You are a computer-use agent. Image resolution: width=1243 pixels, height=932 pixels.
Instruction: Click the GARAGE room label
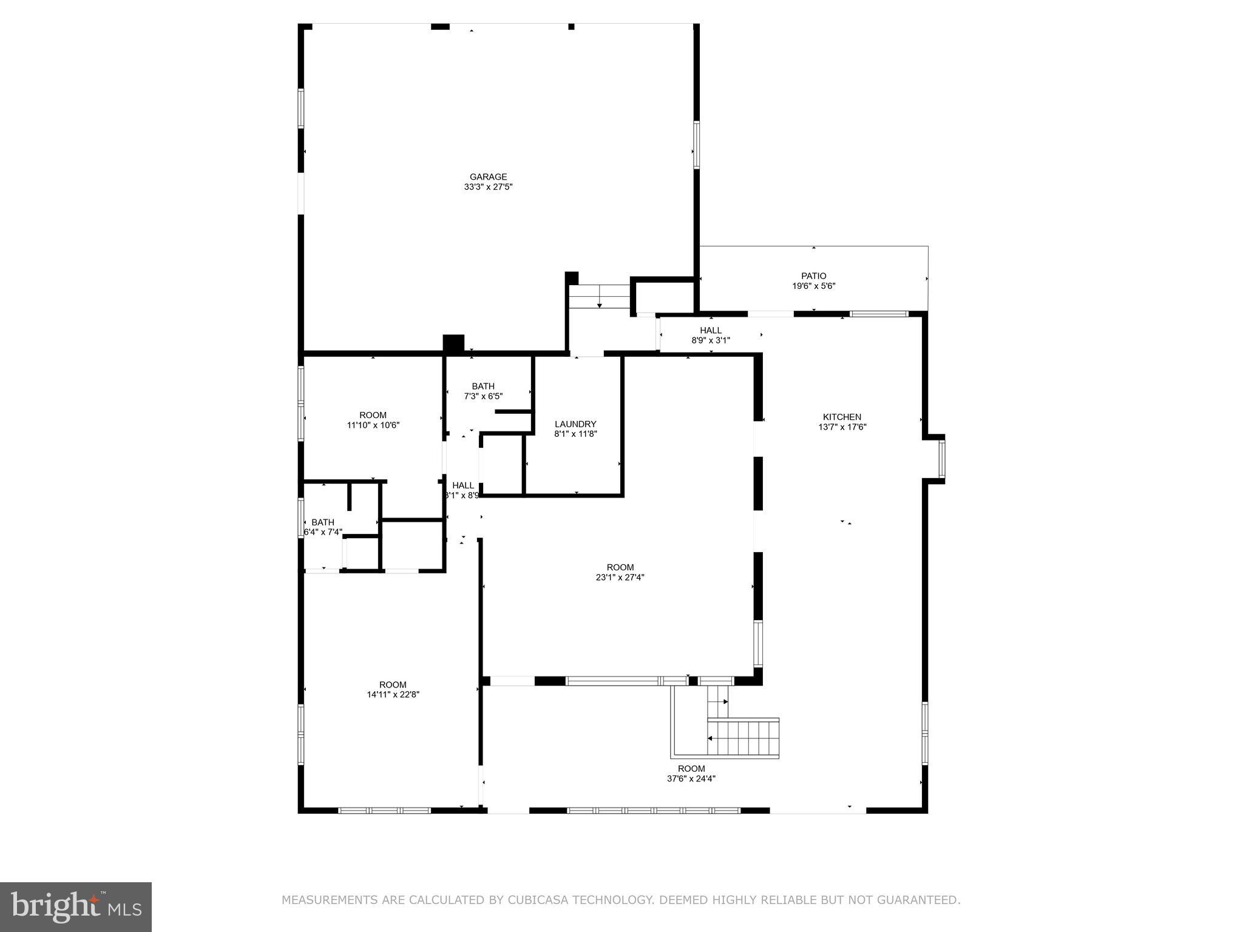(488, 177)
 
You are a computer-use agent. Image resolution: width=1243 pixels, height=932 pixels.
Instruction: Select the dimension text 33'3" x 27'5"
(488, 187)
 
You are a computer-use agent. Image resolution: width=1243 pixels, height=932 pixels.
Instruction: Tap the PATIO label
(813, 276)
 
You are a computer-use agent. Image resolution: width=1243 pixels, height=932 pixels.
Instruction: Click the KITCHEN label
(842, 417)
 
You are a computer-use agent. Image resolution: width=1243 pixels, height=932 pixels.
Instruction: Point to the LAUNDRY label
(575, 424)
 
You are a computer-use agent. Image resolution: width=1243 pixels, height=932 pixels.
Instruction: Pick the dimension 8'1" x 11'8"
(575, 434)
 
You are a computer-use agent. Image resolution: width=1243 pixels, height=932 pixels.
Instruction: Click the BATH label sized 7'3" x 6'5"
(483, 386)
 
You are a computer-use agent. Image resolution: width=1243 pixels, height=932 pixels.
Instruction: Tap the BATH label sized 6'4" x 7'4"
(322, 522)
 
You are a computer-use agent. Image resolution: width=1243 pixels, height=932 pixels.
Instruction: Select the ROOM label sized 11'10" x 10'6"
(373, 416)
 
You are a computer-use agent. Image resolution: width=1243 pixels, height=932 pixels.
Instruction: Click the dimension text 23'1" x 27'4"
(620, 578)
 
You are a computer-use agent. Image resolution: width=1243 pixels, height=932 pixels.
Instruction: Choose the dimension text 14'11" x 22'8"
(393, 695)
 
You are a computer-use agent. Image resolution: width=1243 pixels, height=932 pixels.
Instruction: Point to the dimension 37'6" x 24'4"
(691, 778)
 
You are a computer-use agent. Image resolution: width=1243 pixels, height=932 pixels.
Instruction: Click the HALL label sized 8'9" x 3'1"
(711, 331)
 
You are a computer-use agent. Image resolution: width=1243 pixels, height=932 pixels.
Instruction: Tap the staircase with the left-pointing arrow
(743, 738)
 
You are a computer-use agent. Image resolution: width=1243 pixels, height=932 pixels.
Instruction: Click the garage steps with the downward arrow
(600, 297)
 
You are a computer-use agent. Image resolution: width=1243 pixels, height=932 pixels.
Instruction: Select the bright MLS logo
(76, 907)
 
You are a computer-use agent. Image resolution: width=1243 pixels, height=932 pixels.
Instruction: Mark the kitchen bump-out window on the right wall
(941, 459)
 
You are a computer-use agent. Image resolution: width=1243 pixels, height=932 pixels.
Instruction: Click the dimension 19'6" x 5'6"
(813, 286)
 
